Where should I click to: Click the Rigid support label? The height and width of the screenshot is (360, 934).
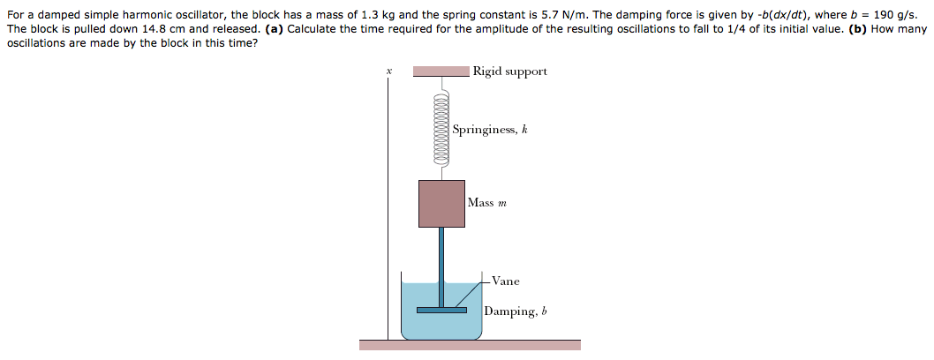pos(509,71)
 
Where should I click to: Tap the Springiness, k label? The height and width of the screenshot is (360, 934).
pos(489,130)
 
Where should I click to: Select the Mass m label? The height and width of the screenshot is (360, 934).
pos(486,203)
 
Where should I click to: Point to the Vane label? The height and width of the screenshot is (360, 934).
pos(505,281)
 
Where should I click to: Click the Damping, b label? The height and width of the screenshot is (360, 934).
pos(516,311)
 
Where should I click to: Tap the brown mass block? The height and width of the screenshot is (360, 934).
pos(441,203)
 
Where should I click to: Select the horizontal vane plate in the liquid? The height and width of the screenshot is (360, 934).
pos(441,309)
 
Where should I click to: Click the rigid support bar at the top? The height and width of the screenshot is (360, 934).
pos(441,71)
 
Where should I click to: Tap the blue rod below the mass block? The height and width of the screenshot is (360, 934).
pos(441,265)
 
